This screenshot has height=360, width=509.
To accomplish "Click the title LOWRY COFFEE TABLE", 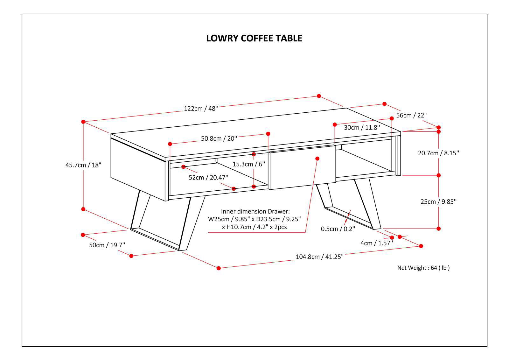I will [254, 38].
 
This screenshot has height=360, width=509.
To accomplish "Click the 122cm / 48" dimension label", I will [201, 109].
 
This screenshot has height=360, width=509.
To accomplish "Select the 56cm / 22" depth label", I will [411, 115].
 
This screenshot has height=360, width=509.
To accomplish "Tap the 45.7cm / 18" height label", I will [83, 165].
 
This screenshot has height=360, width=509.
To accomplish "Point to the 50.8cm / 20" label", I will [219, 138].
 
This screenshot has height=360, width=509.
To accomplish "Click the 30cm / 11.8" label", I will [362, 128].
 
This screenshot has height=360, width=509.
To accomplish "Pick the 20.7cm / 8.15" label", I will [438, 153].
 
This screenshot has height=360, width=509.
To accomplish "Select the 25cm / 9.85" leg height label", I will [438, 201].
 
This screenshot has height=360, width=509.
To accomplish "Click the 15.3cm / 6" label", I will [249, 164].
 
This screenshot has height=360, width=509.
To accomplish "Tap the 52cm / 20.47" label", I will [208, 177].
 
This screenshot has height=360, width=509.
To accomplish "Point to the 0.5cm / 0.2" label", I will [338, 229].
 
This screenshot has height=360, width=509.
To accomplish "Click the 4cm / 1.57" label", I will [377, 243].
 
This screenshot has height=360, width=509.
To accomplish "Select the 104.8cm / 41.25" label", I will [319, 257].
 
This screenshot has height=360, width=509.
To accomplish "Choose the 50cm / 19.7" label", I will [107, 245].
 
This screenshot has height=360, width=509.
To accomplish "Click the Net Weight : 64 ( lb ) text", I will [423, 268].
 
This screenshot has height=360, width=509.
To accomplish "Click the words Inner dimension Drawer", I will [255, 211].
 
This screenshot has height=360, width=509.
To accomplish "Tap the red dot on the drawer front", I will [317, 158].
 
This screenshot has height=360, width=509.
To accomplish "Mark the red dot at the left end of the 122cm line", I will [83, 122].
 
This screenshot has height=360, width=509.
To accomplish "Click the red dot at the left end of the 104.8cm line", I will [219, 268].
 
